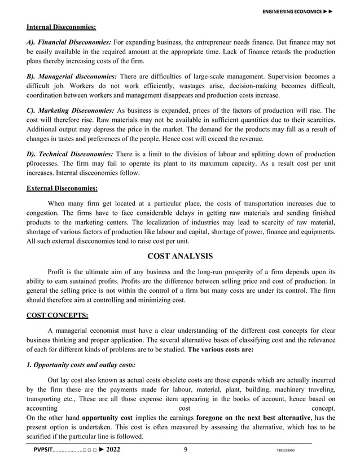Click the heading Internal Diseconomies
(x=61, y=27)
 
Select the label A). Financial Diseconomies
(x=69, y=42)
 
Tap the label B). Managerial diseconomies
(x=72, y=76)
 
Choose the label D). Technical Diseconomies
(x=70, y=154)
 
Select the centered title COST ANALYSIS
(x=180, y=256)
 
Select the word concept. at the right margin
(x=323, y=407)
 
